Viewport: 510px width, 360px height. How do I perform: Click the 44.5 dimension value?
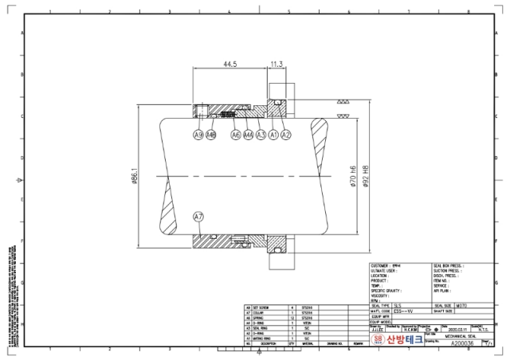(229, 63)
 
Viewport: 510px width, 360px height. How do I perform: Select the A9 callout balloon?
(198, 135)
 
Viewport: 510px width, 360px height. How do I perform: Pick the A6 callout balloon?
(236, 135)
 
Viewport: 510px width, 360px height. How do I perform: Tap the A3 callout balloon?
(261, 135)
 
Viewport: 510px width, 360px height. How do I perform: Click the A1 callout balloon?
(273, 135)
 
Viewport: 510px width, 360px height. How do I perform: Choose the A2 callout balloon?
(286, 135)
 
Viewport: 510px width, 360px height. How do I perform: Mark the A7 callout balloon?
(198, 217)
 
